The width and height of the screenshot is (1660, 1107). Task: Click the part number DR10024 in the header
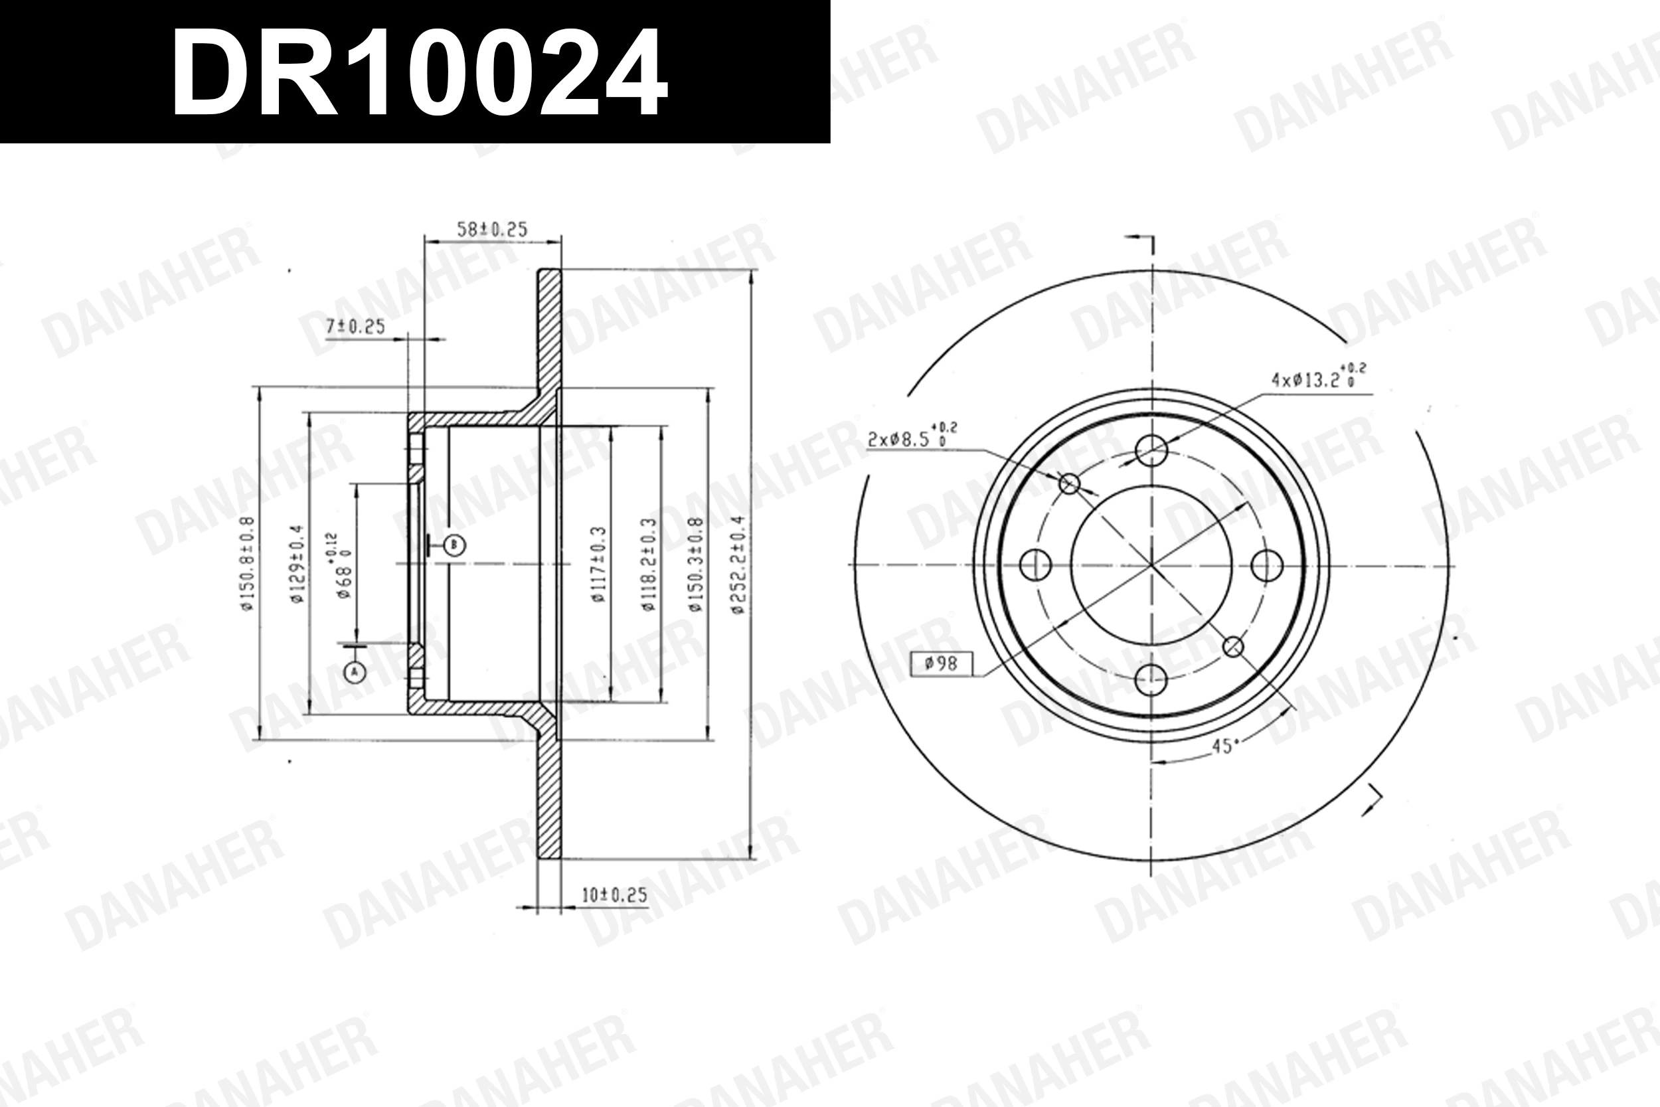coord(419,73)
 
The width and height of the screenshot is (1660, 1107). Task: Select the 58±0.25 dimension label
coord(492,230)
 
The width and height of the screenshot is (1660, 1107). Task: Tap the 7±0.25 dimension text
coord(355,326)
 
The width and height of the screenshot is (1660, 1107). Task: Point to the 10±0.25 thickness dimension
coord(614,895)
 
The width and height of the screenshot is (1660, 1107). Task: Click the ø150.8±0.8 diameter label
coord(246,562)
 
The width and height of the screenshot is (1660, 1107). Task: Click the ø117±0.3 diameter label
coord(599,563)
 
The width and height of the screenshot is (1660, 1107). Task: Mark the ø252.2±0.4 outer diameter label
coord(738,563)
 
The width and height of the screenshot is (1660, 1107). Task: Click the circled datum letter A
coord(356,671)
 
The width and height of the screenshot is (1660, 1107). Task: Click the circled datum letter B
coord(456,545)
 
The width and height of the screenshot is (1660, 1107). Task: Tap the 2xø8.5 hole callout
coord(911,438)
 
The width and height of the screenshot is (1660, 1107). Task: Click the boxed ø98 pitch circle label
coord(940,663)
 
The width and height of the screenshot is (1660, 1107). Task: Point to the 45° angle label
coord(1225,746)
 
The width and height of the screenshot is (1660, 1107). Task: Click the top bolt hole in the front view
coord(1151,450)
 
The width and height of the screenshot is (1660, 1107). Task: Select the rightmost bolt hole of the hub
coord(1267,566)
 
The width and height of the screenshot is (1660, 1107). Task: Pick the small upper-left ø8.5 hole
coord(1070,483)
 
